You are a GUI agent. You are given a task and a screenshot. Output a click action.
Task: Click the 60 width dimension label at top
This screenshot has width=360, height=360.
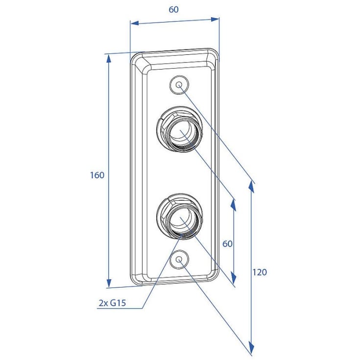(173, 9)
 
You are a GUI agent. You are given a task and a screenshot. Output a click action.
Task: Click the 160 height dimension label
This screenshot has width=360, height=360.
(97, 175)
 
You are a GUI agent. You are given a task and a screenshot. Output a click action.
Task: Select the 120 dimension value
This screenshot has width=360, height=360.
(260, 272)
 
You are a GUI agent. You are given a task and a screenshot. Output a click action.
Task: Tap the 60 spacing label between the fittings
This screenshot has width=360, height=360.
(227, 243)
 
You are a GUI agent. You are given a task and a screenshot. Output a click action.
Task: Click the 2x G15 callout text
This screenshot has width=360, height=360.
(112, 303)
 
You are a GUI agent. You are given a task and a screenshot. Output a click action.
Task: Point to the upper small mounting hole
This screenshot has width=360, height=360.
(179, 85)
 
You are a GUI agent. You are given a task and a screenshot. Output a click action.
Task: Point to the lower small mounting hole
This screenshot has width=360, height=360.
(179, 260)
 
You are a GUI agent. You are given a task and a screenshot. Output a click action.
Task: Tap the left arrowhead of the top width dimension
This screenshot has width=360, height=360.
(135, 23)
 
